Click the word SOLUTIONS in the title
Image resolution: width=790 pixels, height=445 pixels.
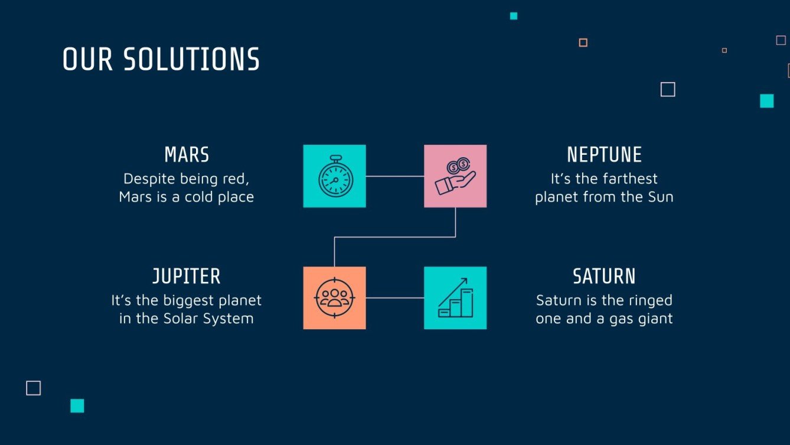point(191,60)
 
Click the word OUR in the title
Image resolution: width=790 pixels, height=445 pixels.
point(87,60)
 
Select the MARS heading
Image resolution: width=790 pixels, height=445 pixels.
point(187,155)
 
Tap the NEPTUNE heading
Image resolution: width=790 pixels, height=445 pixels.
point(604,155)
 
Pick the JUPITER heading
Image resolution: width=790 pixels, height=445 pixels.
point(187,276)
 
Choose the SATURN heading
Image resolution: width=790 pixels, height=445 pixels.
point(604,276)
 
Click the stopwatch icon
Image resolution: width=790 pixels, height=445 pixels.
point(335,176)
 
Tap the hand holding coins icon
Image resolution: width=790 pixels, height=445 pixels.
point(455,176)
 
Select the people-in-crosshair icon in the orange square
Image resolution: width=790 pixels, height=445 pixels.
point(335,298)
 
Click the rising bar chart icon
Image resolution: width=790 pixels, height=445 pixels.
point(455,298)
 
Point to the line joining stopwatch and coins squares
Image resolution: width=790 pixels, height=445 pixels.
point(395,176)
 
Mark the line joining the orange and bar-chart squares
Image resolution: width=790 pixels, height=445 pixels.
point(395,298)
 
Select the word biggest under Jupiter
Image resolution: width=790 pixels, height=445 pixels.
point(190,300)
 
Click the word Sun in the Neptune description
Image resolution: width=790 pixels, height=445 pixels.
point(660,197)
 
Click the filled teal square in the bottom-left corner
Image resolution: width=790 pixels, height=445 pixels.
point(77,405)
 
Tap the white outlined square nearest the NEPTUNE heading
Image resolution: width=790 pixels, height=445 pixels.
point(668,89)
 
